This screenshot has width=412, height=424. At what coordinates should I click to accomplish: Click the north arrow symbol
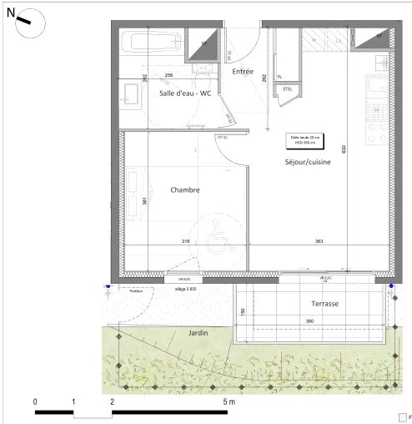click(23, 20)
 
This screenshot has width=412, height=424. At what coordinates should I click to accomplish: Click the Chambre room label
click(185, 190)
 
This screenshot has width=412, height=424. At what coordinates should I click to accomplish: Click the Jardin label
click(198, 333)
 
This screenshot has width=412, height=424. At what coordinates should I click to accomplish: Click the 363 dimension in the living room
click(319, 242)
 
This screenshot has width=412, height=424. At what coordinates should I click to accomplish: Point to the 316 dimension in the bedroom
click(185, 242)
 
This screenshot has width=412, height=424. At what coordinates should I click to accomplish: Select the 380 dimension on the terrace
click(309, 322)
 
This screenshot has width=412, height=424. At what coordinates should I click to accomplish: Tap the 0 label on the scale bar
click(35, 401)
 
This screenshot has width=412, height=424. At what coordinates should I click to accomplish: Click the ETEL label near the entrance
click(288, 88)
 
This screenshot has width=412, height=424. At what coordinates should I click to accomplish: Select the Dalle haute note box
click(304, 139)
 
